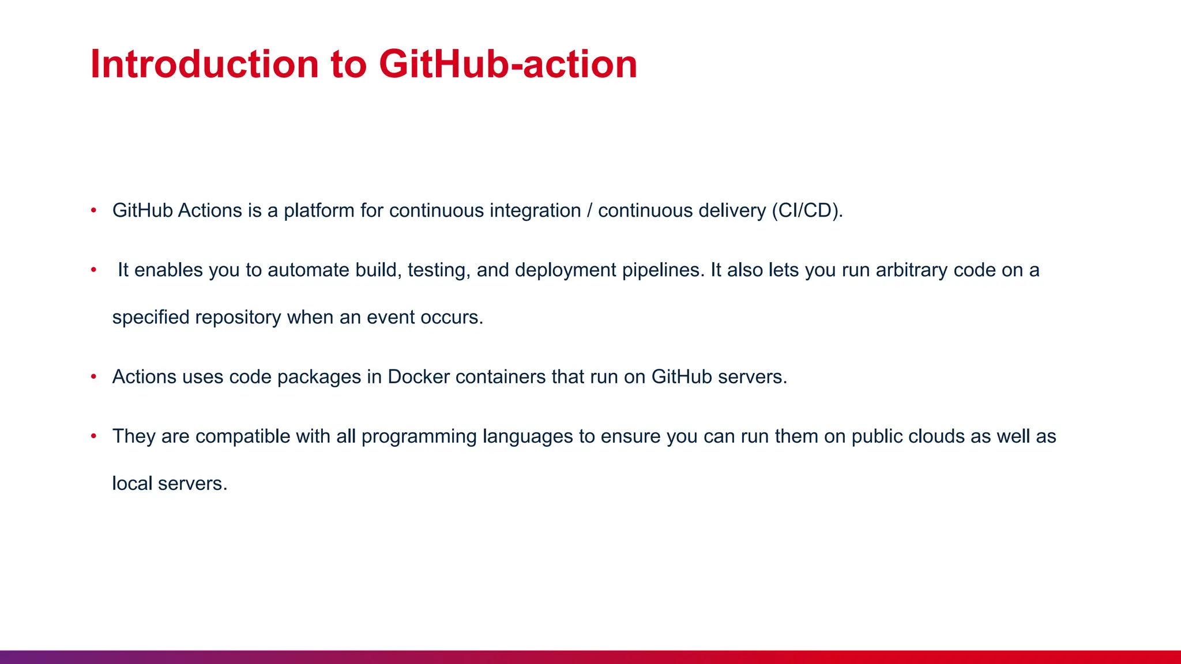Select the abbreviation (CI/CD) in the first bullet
click(807, 211)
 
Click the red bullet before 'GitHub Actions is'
click(93, 211)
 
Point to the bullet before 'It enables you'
click(93, 270)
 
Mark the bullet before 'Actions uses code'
click(93, 377)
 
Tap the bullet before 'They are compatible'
click(93, 436)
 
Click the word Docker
click(419, 377)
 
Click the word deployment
click(566, 271)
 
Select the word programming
click(419, 437)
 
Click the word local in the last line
click(132, 484)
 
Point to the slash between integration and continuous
click(589, 211)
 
